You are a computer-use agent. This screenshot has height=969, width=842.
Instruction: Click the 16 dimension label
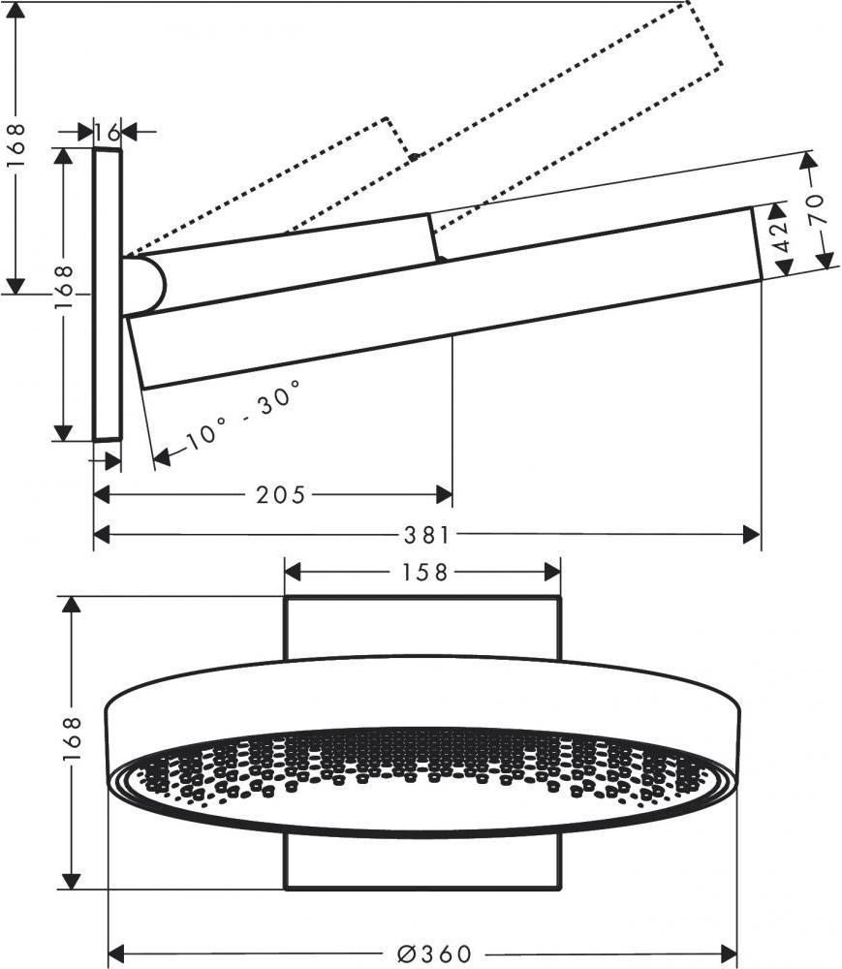click(x=108, y=131)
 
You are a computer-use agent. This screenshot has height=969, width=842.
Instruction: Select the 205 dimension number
click(x=280, y=495)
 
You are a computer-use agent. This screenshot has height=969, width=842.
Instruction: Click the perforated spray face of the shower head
click(x=423, y=766)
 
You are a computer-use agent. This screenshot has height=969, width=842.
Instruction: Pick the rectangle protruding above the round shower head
click(x=422, y=628)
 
